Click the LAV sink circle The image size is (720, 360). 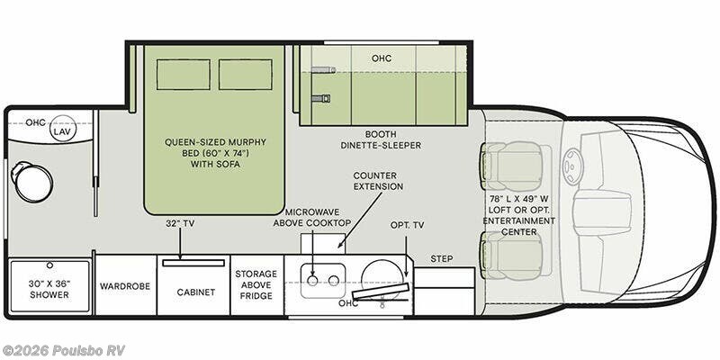[x=63, y=129]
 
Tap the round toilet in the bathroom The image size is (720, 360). [x=32, y=183]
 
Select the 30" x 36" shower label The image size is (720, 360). [x=49, y=289]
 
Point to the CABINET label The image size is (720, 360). [x=196, y=292]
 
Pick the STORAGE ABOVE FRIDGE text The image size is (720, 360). [x=256, y=284]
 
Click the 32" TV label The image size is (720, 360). [x=180, y=223]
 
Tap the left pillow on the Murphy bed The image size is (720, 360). [x=184, y=75]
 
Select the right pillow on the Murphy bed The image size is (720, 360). [x=245, y=75]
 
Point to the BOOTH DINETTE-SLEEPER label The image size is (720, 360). [x=381, y=139]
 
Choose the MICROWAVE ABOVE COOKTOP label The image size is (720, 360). [x=312, y=217]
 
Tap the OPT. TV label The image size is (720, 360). [x=408, y=225]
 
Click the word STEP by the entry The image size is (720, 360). [x=442, y=259]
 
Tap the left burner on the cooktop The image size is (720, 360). [x=312, y=281]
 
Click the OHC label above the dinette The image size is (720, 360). [x=382, y=58]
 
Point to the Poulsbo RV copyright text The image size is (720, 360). [x=63, y=350]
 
